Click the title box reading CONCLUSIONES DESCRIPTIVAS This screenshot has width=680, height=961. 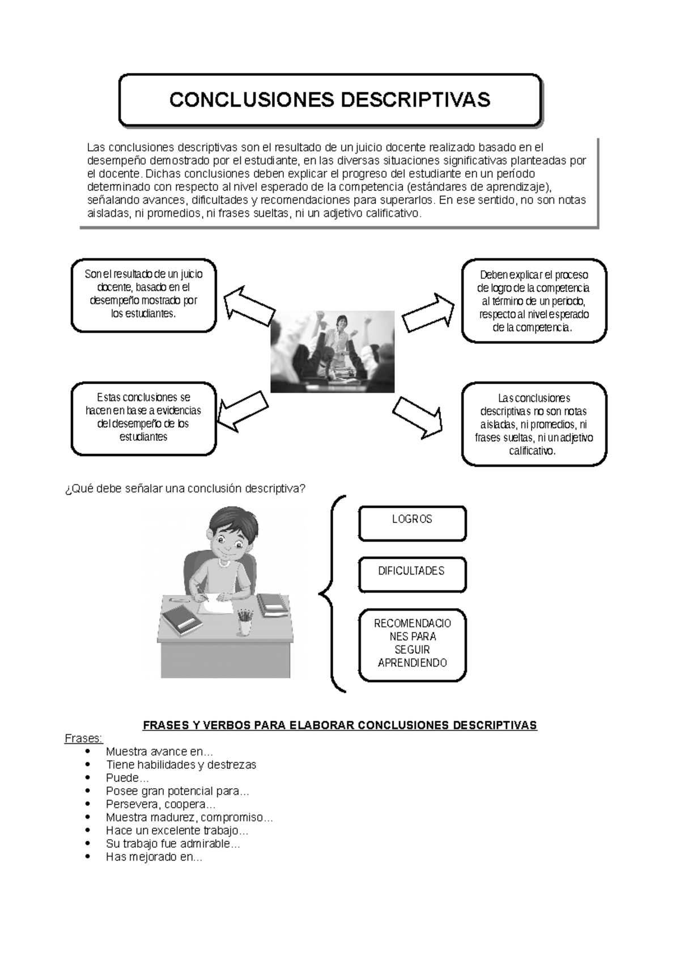(x=330, y=100)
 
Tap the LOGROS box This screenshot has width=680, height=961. (x=412, y=523)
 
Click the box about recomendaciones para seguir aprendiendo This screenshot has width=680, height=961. (x=412, y=645)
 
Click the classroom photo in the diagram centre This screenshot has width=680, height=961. (x=332, y=351)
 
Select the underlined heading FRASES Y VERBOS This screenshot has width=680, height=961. (x=339, y=725)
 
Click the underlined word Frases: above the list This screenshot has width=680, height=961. (x=84, y=738)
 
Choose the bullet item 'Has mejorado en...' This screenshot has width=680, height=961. (x=154, y=857)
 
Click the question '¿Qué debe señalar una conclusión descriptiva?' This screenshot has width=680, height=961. (x=185, y=488)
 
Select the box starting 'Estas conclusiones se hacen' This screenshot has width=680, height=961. (x=143, y=418)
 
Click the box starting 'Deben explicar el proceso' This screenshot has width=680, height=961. (x=534, y=301)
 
